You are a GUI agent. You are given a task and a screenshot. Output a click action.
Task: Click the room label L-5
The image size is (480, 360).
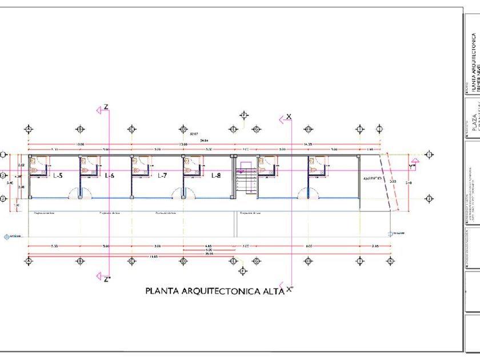pyautogui.click(x=58, y=175)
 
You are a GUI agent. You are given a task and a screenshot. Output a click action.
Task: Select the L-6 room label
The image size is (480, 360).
pyautogui.click(x=109, y=175)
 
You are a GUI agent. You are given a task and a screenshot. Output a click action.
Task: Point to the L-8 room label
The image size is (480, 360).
pyautogui.click(x=215, y=175)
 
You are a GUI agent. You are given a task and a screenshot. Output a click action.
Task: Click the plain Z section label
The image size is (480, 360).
pyautogui.click(x=106, y=107)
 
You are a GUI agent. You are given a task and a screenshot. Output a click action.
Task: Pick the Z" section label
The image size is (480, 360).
pyautogui.click(x=106, y=279)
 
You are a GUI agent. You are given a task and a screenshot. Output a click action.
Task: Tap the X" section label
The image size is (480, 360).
pyautogui.click(x=290, y=290)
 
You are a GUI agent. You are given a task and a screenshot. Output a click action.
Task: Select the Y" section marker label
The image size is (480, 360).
pyautogui.click(x=412, y=166)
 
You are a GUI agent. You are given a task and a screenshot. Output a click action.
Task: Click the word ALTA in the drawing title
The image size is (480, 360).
pyautogui.click(x=270, y=291)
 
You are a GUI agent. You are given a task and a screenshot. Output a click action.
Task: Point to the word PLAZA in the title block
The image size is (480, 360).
pyautogui.click(x=473, y=123)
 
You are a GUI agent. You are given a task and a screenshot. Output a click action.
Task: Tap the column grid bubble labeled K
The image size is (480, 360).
pyautogui.click(x=391, y=261)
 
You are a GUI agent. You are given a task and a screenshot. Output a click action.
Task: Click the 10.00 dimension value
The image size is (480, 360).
pyautogui.click(x=79, y=145)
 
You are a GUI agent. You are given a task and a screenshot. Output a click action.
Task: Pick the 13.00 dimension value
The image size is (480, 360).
pyautogui.click(x=183, y=145)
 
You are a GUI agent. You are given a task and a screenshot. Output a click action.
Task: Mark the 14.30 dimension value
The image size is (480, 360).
pyautogui.click(x=308, y=145)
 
